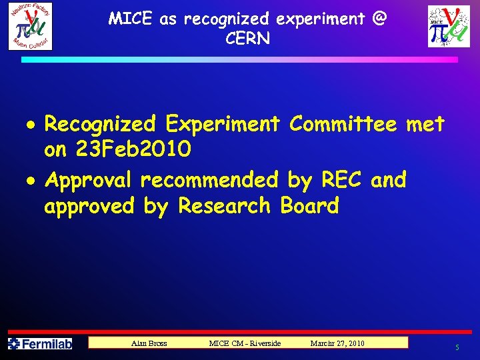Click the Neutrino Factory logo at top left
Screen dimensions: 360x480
(30, 26)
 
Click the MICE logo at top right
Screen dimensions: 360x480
(449, 27)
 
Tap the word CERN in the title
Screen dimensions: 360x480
(248, 39)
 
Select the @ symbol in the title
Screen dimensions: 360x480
(379, 18)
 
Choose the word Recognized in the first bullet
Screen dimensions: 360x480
(100, 124)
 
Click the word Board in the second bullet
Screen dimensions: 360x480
(310, 206)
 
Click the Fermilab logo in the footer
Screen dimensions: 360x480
(39, 344)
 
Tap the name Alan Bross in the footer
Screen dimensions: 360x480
(149, 343)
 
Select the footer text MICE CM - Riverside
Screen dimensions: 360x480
(245, 343)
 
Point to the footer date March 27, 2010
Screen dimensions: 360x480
(337, 343)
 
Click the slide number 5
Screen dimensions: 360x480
(457, 347)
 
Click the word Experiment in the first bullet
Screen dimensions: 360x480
(223, 124)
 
